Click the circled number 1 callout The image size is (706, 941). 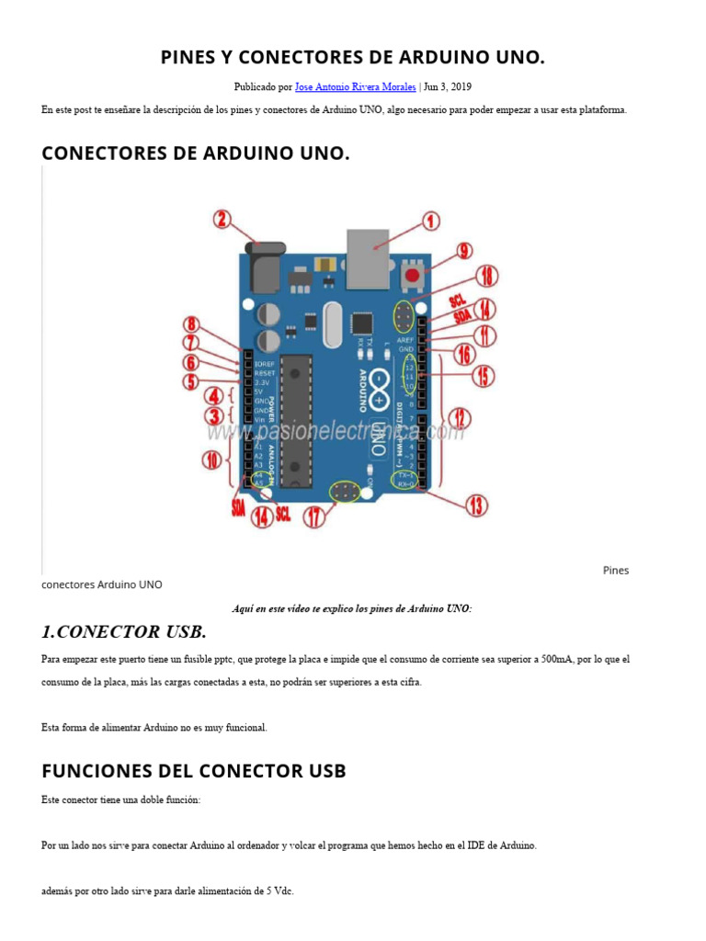click(430, 221)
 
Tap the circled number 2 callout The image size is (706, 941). click(222, 219)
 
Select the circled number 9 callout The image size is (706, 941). click(465, 250)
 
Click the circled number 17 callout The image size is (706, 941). click(316, 517)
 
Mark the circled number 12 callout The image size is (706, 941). click(461, 420)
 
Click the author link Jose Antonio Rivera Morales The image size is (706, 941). click(355, 87)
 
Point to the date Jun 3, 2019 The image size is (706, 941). click(448, 87)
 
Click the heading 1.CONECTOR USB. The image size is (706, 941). click(124, 632)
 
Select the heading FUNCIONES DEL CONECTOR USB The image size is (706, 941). click(194, 770)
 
